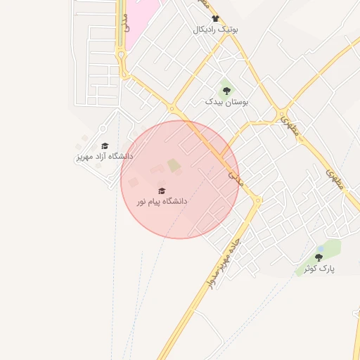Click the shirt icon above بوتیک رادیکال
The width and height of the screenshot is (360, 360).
coord(215,19)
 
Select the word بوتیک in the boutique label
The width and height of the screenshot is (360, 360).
coord(229,30)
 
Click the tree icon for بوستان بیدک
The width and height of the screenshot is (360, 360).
coord(226,90)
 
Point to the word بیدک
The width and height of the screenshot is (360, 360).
coord(214,102)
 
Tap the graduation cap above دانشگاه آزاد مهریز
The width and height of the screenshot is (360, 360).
coord(105,146)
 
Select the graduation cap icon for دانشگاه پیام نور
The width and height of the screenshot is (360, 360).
coord(162,191)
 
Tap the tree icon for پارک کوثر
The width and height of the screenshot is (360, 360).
coord(319,257)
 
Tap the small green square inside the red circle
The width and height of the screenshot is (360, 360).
coord(174,166)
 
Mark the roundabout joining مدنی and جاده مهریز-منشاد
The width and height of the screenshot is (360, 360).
coord(257,200)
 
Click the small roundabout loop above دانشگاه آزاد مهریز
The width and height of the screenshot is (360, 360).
coord(103,129)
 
